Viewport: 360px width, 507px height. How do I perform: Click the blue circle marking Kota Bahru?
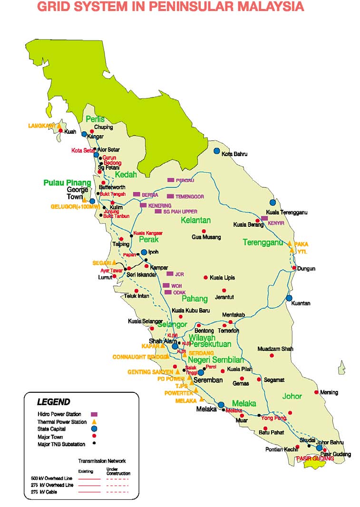[x=217, y=151]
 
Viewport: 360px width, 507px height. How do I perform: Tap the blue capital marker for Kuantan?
[x=289, y=298]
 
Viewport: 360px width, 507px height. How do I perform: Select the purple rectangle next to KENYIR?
[x=265, y=218]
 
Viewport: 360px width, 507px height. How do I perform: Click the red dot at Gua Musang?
[x=204, y=231]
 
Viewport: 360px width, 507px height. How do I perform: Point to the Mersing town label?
[x=329, y=392]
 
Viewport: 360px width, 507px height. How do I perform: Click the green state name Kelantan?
[x=195, y=220]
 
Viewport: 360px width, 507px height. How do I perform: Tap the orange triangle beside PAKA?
[x=290, y=243]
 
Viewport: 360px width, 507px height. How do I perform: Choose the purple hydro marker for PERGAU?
[x=171, y=180]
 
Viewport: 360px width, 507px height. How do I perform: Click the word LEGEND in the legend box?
[x=53, y=402]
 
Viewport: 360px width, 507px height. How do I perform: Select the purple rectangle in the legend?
[x=94, y=414]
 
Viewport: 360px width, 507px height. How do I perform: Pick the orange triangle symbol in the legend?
[x=94, y=421]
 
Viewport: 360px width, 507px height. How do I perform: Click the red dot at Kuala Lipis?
[x=205, y=277]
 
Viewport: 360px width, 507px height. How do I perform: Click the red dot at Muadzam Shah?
[x=272, y=355]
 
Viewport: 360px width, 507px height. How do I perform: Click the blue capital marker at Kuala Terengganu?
[x=273, y=203]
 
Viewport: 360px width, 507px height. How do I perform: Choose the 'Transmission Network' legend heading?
[x=102, y=461]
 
